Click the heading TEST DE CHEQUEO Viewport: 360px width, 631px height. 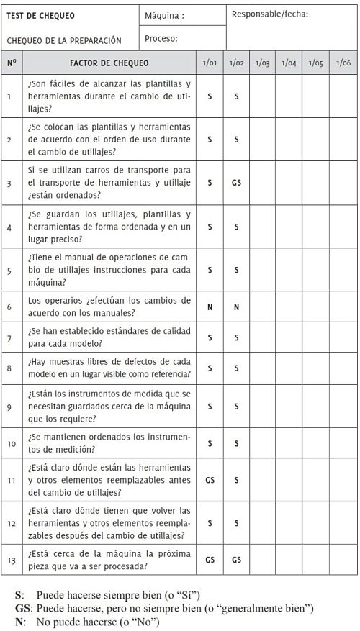tap(40, 15)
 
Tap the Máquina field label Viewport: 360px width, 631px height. tap(164, 15)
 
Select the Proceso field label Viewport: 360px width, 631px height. tap(161, 39)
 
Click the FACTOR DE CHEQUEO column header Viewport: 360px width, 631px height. tap(109, 63)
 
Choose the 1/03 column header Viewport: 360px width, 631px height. tap(263, 63)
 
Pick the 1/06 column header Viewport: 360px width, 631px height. tap(342, 63)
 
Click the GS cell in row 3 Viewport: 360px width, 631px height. tap(236, 183)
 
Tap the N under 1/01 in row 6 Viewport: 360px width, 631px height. tap(210, 307)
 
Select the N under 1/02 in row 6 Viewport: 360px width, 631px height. tap(236, 307)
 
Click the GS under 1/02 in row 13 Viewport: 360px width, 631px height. tap(236, 558)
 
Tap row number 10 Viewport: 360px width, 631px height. tap(9, 443)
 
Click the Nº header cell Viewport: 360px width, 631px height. tap(11, 63)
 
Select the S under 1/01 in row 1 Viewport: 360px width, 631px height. tap(210, 95)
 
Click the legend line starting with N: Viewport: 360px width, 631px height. tap(86, 622)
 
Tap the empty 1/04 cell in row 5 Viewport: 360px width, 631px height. tap(289, 271)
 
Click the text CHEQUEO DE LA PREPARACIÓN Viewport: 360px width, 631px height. tap(64, 41)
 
